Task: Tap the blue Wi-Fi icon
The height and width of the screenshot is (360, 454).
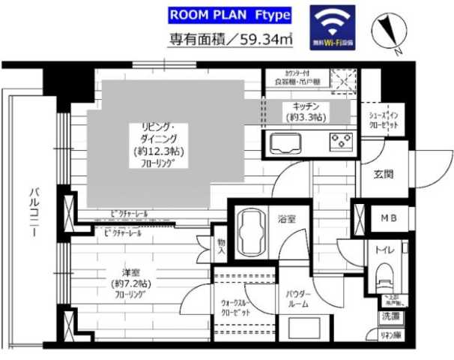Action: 333,28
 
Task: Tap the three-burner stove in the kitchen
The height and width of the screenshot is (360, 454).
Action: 341,141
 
